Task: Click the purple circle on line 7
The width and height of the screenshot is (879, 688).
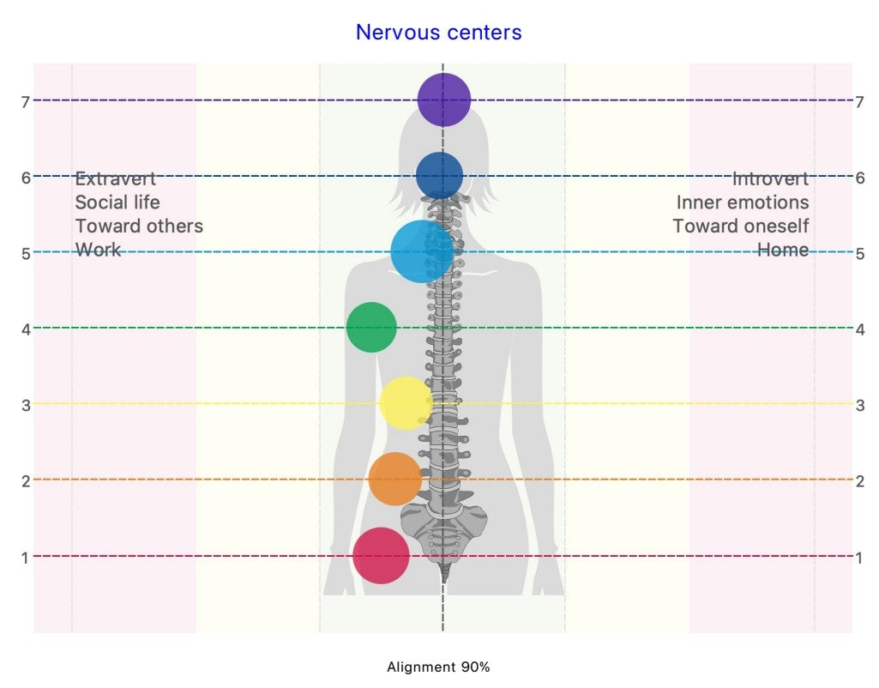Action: point(443,100)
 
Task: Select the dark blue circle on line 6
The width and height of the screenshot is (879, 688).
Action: point(439,176)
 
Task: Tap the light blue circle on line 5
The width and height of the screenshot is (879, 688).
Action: point(421,251)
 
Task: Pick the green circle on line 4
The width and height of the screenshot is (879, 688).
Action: point(371,327)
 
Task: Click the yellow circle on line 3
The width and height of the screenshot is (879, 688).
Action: point(405,403)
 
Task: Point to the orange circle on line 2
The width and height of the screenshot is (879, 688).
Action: point(395,479)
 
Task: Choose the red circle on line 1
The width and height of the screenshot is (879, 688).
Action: point(381,555)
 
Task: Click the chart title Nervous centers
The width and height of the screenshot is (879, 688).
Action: point(438,33)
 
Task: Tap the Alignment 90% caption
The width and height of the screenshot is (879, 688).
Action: point(438,667)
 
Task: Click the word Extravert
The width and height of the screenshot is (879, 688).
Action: point(116,179)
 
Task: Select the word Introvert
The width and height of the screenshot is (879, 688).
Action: point(770,179)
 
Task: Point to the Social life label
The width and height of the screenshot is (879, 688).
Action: point(117,202)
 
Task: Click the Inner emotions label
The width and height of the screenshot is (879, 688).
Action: point(742,202)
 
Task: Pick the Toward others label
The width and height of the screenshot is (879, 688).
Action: point(139,226)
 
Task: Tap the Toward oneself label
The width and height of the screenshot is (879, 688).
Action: point(740,226)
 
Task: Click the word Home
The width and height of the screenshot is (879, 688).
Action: point(782,250)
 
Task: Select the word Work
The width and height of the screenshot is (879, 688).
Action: point(98,250)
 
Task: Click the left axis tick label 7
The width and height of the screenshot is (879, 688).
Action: point(26,102)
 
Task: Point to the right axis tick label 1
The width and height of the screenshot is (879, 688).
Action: point(859,558)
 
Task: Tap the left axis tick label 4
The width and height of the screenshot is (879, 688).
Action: point(26,329)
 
